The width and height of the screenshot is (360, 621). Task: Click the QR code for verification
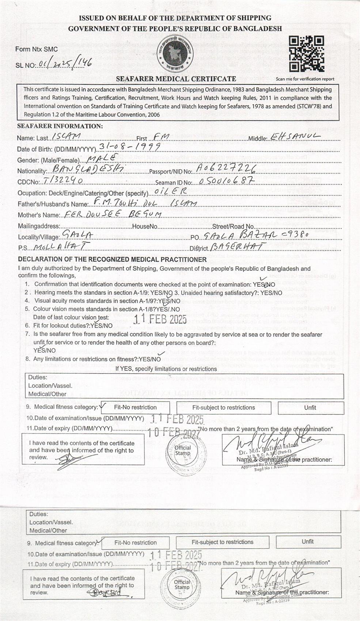(306, 54)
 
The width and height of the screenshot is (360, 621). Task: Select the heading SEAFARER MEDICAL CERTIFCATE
(176, 79)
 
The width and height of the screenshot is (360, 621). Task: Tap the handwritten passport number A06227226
(225, 168)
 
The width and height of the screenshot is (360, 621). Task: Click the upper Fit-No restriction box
(135, 407)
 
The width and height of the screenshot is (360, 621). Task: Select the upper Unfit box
(310, 407)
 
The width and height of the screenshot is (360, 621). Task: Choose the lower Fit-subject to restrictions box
(222, 542)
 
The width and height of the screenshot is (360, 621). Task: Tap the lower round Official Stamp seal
(182, 584)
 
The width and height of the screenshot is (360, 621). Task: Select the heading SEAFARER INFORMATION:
(60, 126)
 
